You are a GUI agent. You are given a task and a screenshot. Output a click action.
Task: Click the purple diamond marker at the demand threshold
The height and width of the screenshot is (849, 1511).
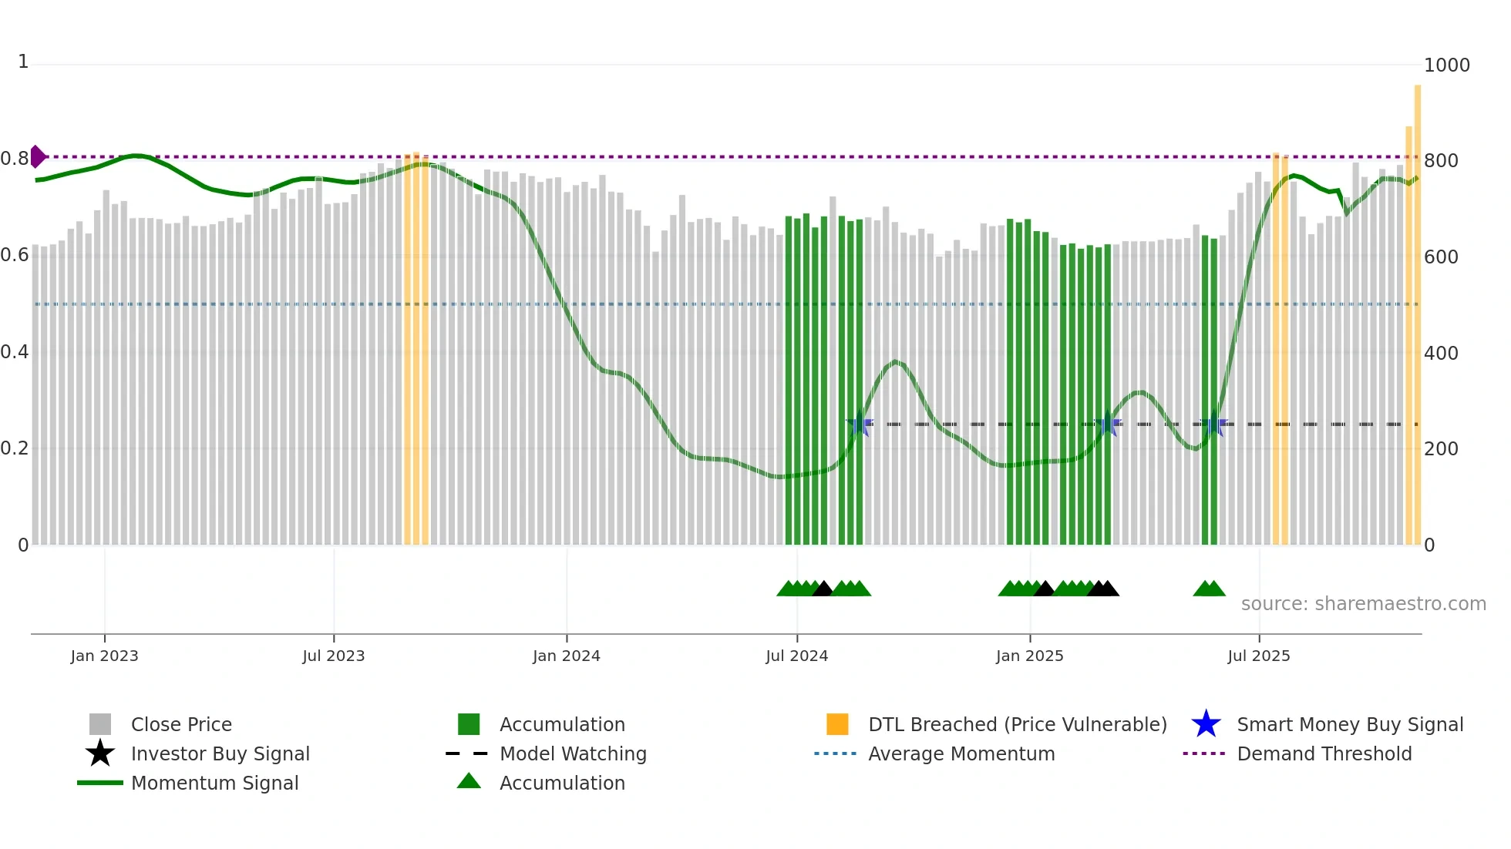[37, 156]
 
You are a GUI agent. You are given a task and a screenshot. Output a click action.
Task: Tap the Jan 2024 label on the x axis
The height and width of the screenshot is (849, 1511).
[566, 656]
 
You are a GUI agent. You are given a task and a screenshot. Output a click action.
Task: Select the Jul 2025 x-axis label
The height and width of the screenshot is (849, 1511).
[1258, 656]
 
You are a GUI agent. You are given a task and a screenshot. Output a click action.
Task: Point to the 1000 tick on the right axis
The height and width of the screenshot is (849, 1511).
[1446, 65]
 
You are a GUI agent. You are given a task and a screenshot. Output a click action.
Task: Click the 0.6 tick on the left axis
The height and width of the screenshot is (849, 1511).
[15, 255]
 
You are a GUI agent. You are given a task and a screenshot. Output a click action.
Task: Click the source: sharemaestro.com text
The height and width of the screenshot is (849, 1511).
[1363, 604]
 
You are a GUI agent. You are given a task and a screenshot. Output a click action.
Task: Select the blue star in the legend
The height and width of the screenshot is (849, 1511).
[1206, 724]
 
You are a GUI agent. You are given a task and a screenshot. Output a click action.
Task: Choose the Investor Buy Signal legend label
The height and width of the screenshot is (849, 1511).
[220, 753]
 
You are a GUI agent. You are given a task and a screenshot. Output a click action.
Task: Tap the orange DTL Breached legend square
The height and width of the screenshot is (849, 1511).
[837, 724]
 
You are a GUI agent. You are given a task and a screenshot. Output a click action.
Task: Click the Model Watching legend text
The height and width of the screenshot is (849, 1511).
[573, 753]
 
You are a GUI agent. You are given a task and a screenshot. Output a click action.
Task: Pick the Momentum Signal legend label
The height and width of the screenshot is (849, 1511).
[214, 783]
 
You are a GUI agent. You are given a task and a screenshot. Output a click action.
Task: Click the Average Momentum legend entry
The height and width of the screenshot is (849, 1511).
[961, 753]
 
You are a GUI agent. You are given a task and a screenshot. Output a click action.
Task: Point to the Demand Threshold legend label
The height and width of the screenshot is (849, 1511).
[1324, 753]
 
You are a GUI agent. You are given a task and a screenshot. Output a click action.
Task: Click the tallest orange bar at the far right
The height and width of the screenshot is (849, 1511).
[1417, 308]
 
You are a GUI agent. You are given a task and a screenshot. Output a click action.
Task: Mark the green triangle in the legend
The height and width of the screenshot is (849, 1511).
[469, 781]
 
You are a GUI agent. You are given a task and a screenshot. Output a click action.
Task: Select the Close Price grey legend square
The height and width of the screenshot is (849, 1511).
[100, 724]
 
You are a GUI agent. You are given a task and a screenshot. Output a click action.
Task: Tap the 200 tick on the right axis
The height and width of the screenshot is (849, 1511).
[1440, 449]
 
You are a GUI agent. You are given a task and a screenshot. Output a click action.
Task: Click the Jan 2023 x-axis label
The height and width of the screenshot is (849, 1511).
[104, 656]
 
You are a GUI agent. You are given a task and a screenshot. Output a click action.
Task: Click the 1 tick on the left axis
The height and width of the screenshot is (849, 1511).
[23, 62]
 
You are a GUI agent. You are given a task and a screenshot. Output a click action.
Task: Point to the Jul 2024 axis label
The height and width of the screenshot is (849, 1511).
[796, 656]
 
